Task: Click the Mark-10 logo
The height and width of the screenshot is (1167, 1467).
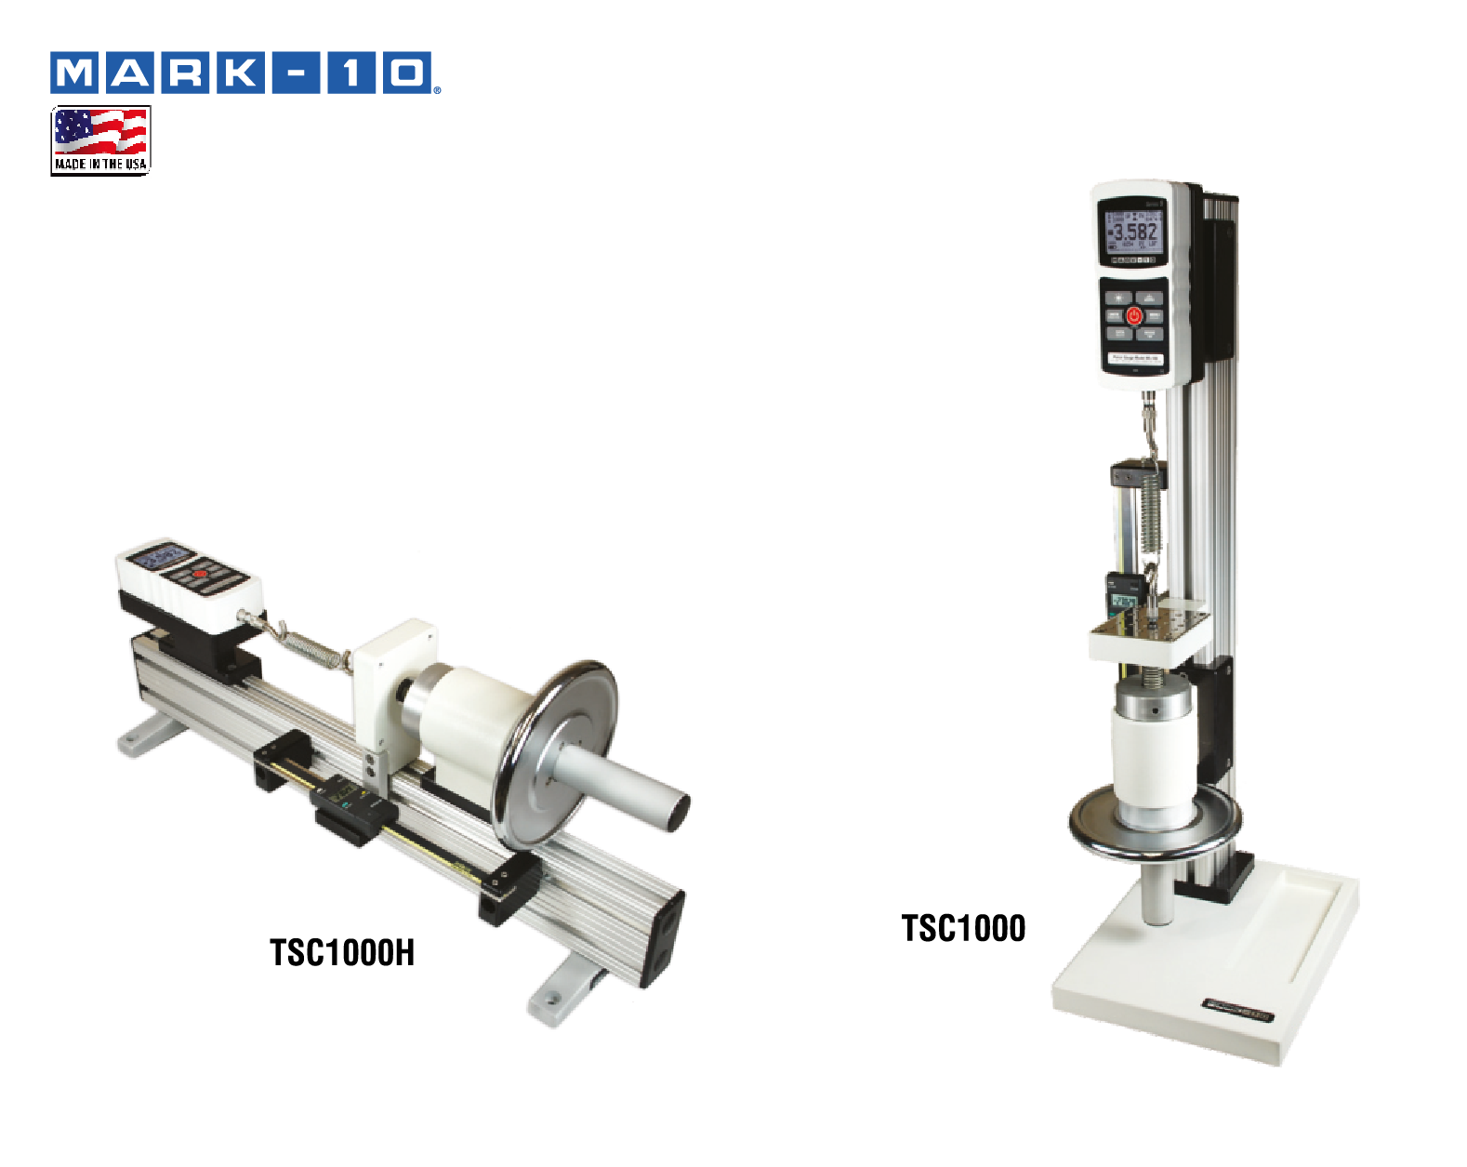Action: pos(244,73)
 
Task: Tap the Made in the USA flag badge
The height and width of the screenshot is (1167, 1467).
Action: pos(100,140)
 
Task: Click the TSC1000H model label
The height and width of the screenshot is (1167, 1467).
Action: pos(342,953)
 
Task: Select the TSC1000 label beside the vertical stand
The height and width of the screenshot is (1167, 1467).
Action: pos(963,928)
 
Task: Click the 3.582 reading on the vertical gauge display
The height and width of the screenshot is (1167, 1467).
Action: pos(1135,232)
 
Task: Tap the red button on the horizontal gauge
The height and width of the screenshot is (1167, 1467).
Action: pos(199,575)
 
